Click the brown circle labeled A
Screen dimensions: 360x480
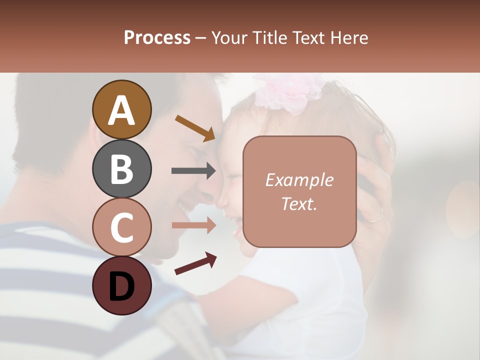[x=121, y=109]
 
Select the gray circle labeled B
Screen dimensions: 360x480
[x=121, y=168]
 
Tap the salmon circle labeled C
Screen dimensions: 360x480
[x=121, y=227]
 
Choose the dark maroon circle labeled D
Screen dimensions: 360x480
[x=121, y=285]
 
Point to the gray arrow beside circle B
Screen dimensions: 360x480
[x=193, y=170]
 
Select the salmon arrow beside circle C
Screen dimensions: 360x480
[x=193, y=226]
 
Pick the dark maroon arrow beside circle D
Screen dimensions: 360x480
[x=195, y=263]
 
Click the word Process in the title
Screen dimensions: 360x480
[x=157, y=38]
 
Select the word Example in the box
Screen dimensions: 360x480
[x=299, y=180]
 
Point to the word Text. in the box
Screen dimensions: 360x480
[x=299, y=203]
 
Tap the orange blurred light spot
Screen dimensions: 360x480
[x=462, y=207]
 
